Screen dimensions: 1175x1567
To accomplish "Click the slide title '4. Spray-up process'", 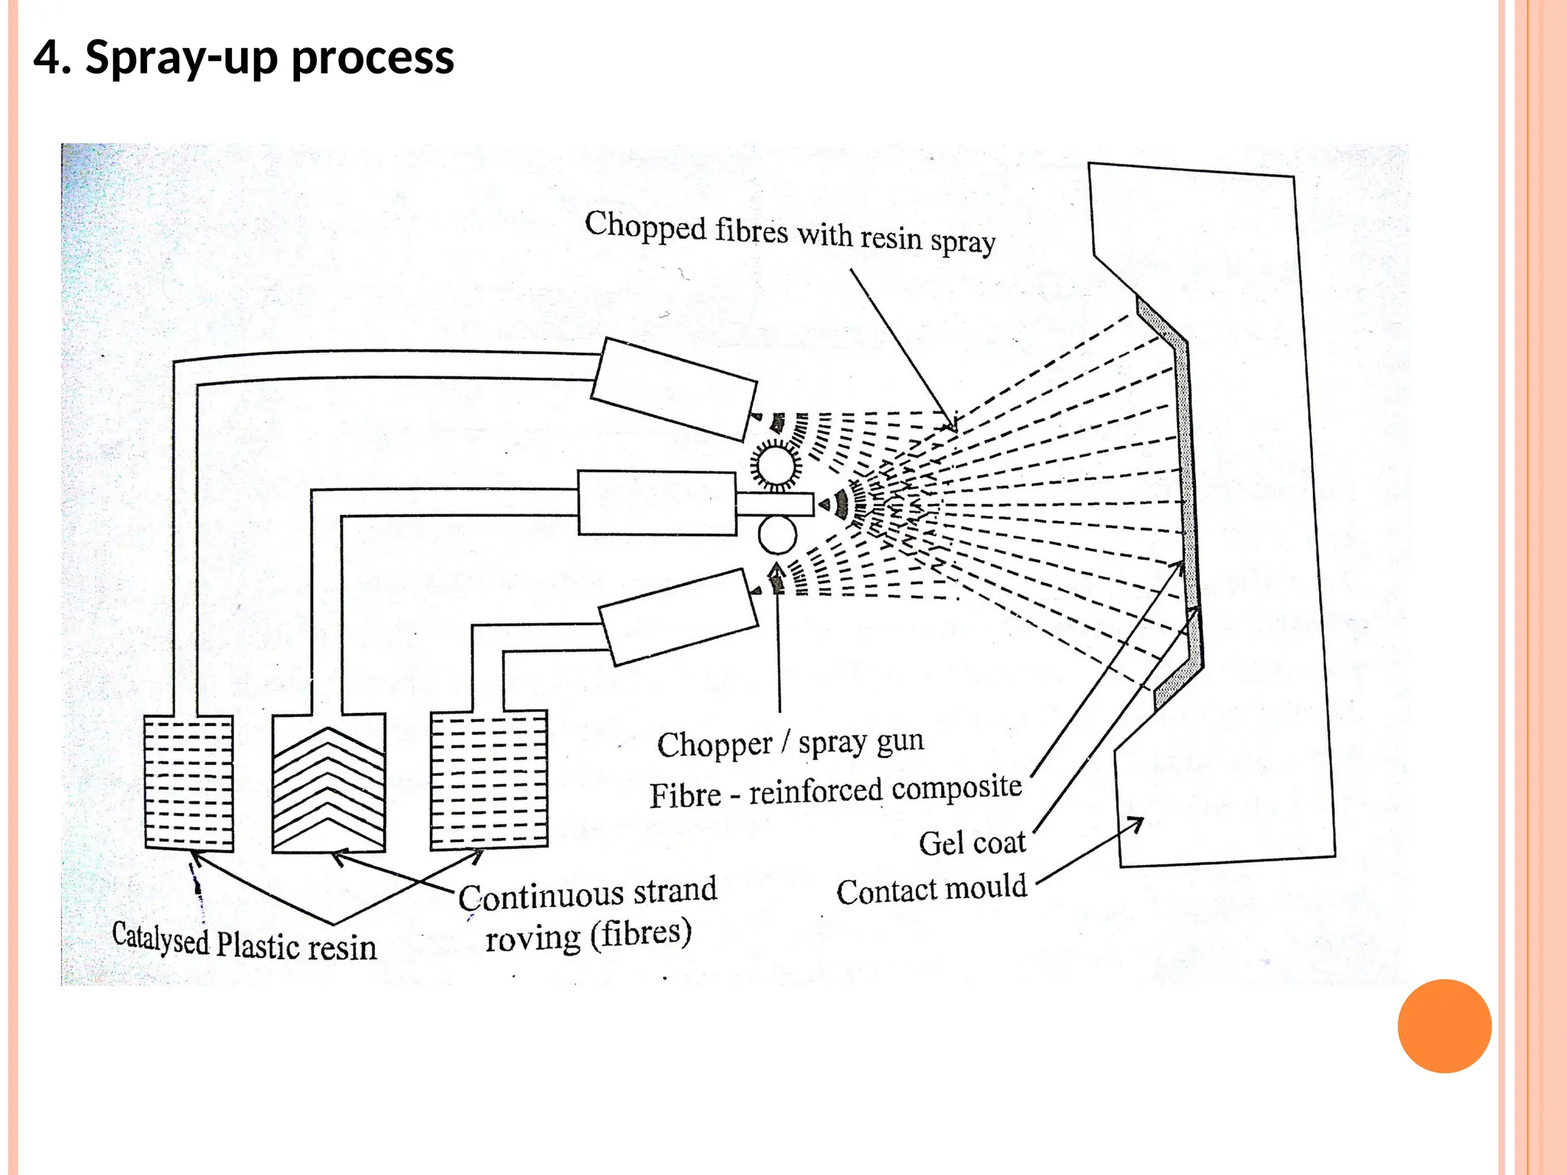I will click(x=243, y=57).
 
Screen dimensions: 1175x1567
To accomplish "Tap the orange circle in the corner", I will click(x=1444, y=1026).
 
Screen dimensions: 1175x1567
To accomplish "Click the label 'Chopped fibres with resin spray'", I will click(x=790, y=233).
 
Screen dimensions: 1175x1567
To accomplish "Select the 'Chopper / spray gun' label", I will click(x=790, y=743).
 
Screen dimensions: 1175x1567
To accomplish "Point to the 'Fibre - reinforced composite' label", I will click(x=836, y=791).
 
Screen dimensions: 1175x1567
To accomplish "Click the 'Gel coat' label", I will click(x=972, y=843).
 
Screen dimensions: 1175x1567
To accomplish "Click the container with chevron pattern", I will click(x=329, y=783).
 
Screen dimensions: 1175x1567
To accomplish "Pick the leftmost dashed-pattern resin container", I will click(x=189, y=783).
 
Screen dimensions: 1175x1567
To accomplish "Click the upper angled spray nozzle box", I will click(x=673, y=389).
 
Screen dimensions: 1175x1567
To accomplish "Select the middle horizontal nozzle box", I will click(x=656, y=503).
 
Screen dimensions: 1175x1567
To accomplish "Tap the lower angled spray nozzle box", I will click(x=678, y=617).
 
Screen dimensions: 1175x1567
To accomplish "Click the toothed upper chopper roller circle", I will click(x=776, y=466).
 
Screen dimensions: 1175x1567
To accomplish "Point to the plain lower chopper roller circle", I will click(x=778, y=535).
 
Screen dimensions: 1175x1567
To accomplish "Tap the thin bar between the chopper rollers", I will click(x=774, y=504).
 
